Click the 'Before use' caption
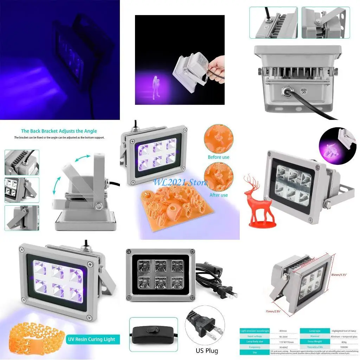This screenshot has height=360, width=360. click(218, 157)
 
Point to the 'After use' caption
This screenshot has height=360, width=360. click(218, 195)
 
